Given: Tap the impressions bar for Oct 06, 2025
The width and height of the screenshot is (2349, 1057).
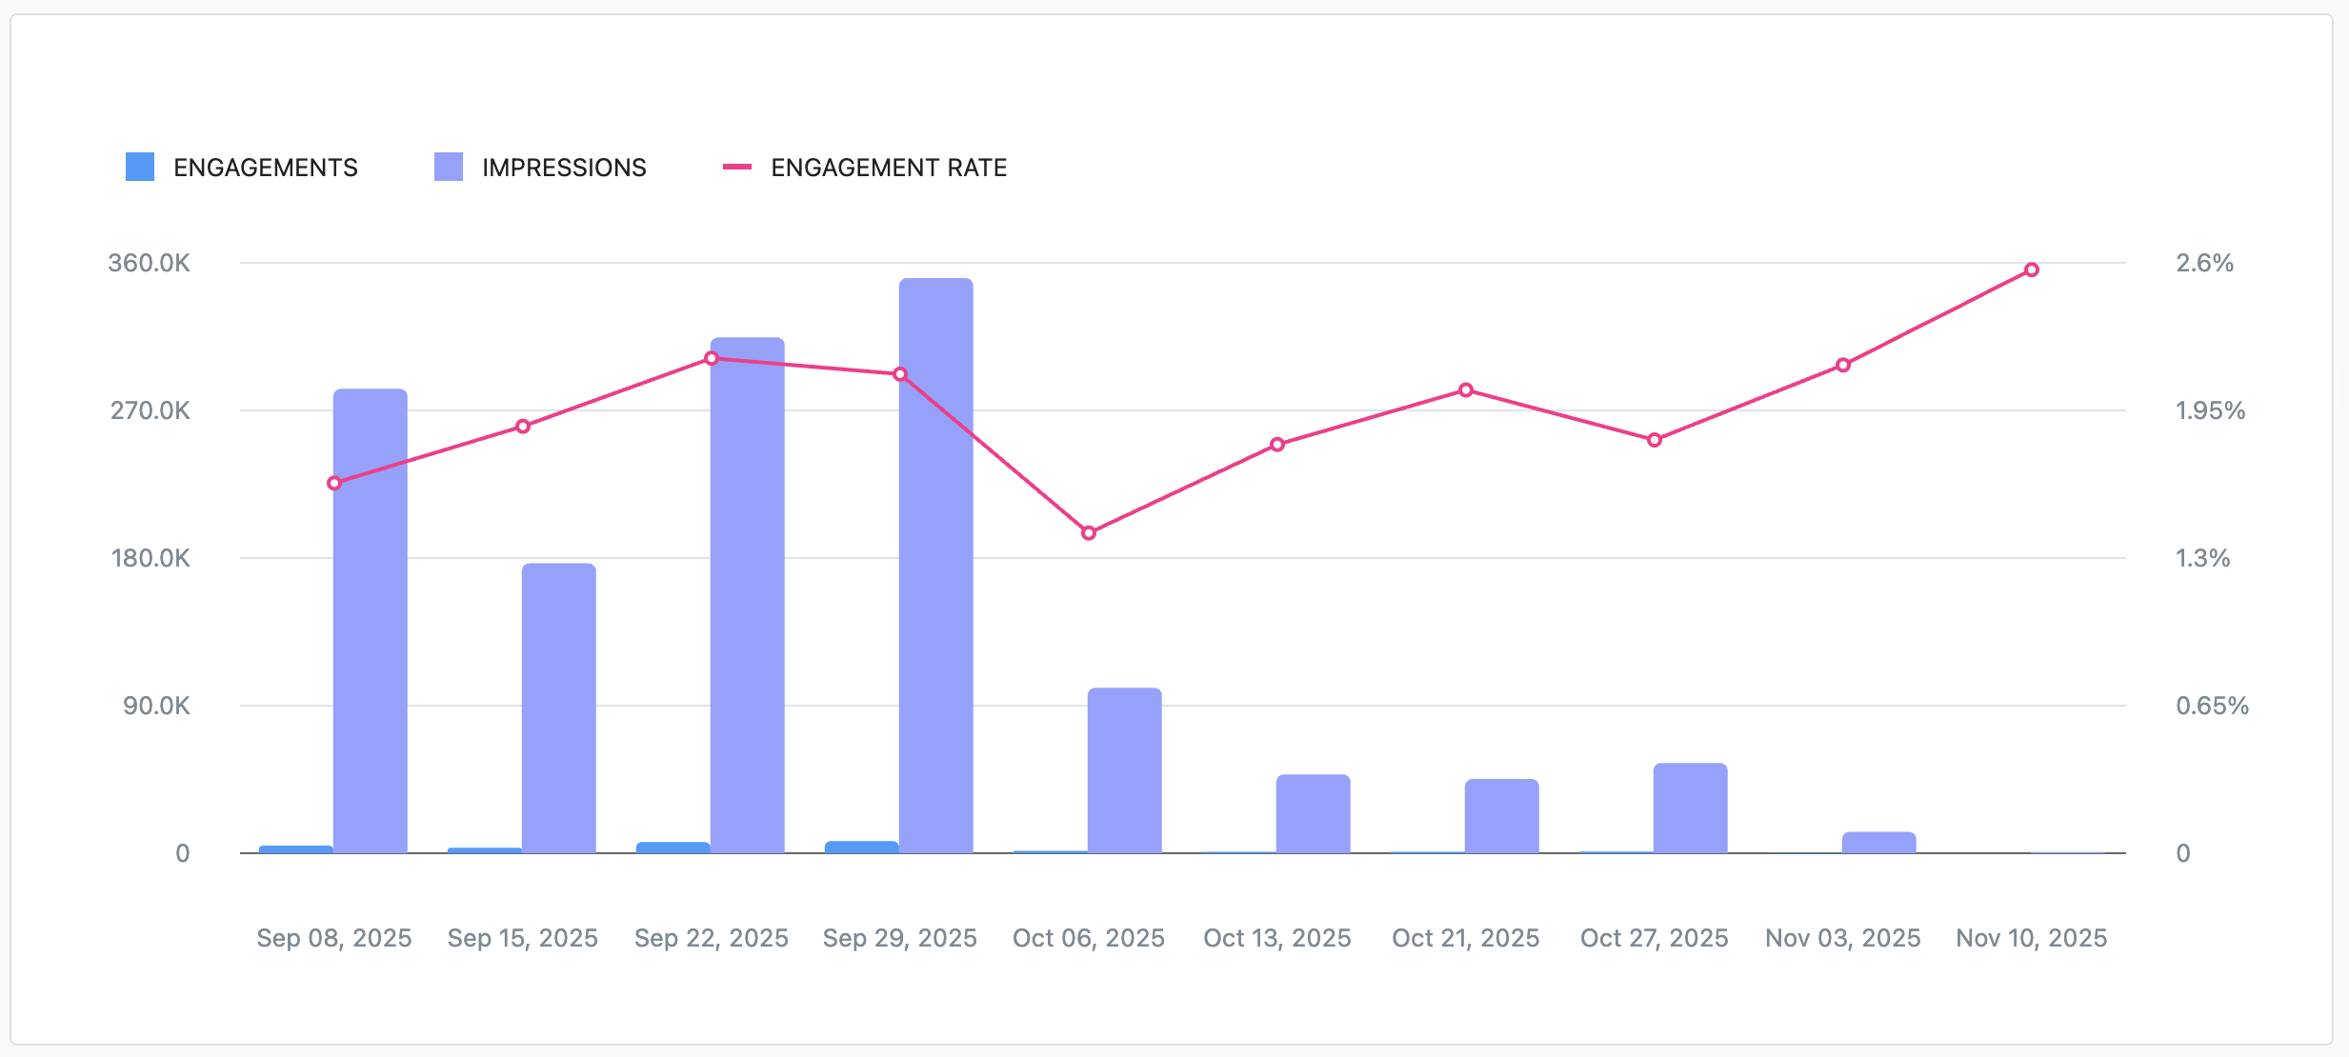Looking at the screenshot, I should coord(1124,770).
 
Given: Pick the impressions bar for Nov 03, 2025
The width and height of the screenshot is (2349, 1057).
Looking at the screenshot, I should coord(1878,843).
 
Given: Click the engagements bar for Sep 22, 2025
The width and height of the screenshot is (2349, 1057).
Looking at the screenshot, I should coord(673,848).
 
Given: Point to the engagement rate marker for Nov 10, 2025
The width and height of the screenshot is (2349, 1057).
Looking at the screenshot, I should coord(2032,270).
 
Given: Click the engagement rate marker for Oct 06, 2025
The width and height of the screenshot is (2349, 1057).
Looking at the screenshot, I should coord(1089,533).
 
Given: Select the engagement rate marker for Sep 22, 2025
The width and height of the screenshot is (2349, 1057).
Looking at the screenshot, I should coord(712,358).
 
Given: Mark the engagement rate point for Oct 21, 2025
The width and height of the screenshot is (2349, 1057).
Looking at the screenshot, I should coord(1466,390).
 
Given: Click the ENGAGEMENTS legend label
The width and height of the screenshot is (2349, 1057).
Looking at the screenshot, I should coord(265,168).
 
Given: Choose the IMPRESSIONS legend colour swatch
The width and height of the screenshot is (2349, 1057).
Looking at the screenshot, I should coord(449,168).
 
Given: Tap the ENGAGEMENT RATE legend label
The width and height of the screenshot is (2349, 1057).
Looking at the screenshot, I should coord(889,168).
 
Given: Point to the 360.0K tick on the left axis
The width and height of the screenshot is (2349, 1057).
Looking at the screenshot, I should coord(149,263).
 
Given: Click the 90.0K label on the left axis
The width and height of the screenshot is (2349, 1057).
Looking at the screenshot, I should coord(156,706).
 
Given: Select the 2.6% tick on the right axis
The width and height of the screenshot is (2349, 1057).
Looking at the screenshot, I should coord(2204,263).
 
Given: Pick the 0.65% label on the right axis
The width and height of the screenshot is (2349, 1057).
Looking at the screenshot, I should coord(2212,706).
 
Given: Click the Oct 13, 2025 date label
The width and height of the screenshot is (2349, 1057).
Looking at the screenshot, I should coord(1276,938).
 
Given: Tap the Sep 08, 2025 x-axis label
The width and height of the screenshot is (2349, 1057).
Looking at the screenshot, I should coord(334,938).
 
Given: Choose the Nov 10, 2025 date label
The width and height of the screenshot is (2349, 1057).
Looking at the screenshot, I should coord(2031,938).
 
